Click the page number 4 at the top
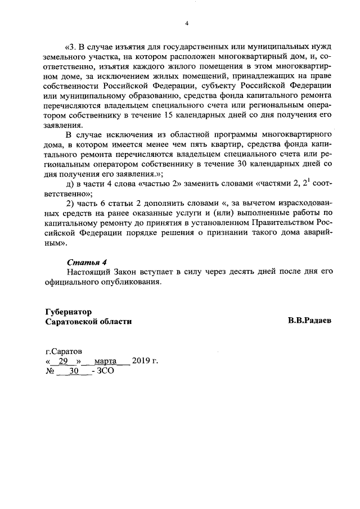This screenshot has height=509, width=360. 186,23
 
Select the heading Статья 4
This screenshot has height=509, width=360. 87,263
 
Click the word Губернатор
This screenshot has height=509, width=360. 69,312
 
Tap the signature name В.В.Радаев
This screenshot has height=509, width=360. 309,321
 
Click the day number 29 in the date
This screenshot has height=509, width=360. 63,361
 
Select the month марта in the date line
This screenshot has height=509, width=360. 105,361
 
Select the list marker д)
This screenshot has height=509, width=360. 71,182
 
